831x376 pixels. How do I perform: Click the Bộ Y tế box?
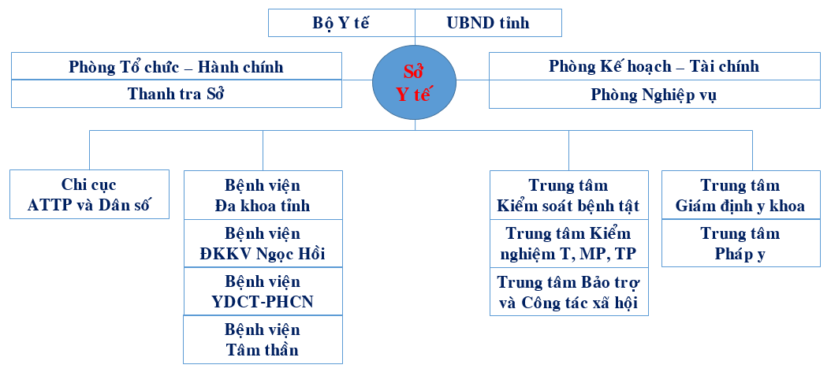[x=341, y=23]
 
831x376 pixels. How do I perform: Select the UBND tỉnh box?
[x=488, y=23]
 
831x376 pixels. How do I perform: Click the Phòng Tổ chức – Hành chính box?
[x=177, y=66]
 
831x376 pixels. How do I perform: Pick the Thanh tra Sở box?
[x=177, y=94]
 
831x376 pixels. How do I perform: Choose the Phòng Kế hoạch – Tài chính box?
[x=654, y=66]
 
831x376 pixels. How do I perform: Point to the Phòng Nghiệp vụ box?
[x=654, y=95]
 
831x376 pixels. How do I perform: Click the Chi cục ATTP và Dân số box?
[x=90, y=195]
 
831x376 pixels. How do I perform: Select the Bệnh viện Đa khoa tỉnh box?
[x=263, y=195]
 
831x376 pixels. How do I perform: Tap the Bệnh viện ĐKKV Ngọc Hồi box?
[x=263, y=243]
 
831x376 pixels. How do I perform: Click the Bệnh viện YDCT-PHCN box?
[x=263, y=292]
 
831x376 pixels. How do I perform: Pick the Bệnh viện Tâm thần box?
[x=263, y=340]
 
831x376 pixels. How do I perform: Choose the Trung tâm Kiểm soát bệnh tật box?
[x=569, y=195]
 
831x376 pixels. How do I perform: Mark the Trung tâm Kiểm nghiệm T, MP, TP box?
[x=569, y=243]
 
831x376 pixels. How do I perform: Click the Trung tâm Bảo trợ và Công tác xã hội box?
[x=569, y=292]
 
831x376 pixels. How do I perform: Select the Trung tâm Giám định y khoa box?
[x=741, y=195]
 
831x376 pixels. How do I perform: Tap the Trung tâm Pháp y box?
[x=741, y=243]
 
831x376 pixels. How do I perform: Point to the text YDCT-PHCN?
[x=263, y=302]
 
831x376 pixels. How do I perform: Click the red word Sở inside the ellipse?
[x=413, y=72]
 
